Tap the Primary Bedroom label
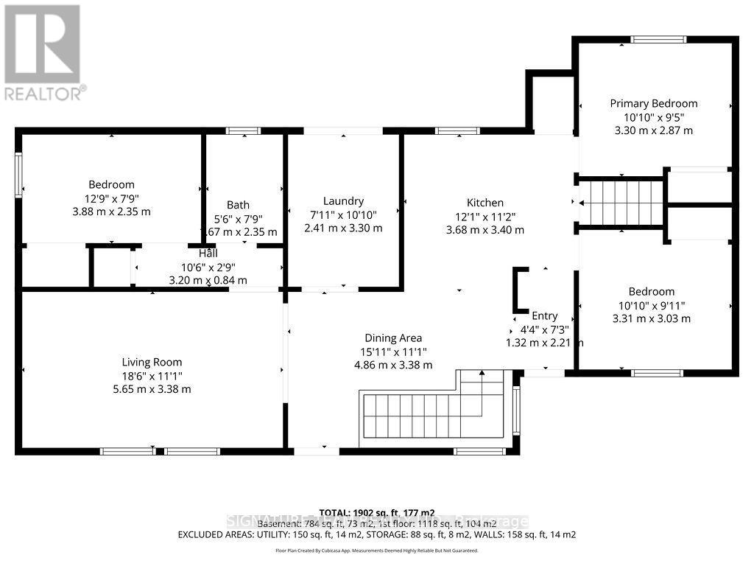(x=653, y=103)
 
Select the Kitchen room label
(x=485, y=203)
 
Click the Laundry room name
(x=343, y=201)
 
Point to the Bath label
(x=238, y=205)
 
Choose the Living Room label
(x=152, y=362)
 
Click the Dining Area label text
(x=393, y=338)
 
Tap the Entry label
(x=545, y=315)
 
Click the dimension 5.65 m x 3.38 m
(x=156, y=388)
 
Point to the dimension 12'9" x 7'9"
(x=111, y=198)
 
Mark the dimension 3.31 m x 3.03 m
(x=652, y=318)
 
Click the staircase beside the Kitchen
(x=622, y=203)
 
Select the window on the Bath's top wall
(x=243, y=131)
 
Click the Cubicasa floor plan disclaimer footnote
(x=376, y=551)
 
